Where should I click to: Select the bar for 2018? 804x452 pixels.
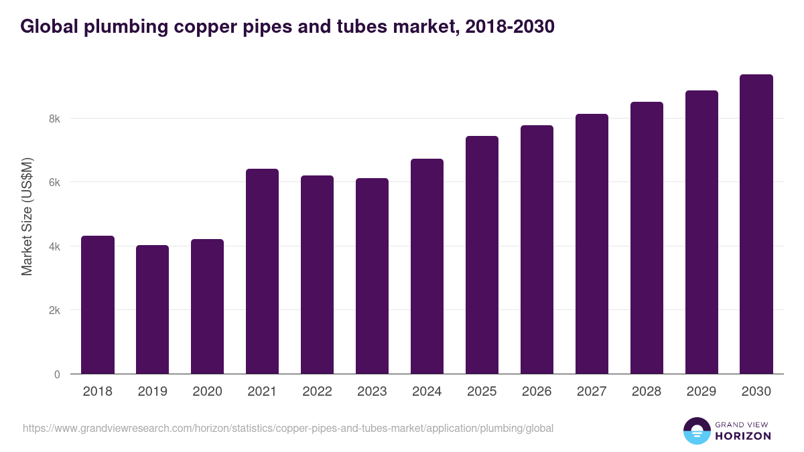coord(98,305)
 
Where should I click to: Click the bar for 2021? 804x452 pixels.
coord(262,271)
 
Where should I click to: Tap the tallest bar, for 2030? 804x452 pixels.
coord(756,224)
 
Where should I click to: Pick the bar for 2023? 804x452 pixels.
coord(372,276)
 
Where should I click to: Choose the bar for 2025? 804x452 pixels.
coord(482,255)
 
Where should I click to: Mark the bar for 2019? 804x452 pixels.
coord(152,309)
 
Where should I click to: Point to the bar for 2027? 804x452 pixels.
coord(592,244)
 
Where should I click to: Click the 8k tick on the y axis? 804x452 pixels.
coord(54,119)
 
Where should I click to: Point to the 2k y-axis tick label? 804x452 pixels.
coord(54,311)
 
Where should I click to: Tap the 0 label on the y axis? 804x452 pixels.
coord(57,374)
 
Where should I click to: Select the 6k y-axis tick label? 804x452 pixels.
coord(54,183)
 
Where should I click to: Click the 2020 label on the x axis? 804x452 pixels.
coord(207,392)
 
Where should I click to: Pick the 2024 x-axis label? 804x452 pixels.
coord(427,392)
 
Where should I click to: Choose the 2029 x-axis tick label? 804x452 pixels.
coord(701,392)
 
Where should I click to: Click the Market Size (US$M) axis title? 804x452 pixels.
coord(27,216)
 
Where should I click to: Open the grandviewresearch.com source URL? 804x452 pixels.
coord(288,428)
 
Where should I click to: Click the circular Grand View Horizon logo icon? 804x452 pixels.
coord(697,431)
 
